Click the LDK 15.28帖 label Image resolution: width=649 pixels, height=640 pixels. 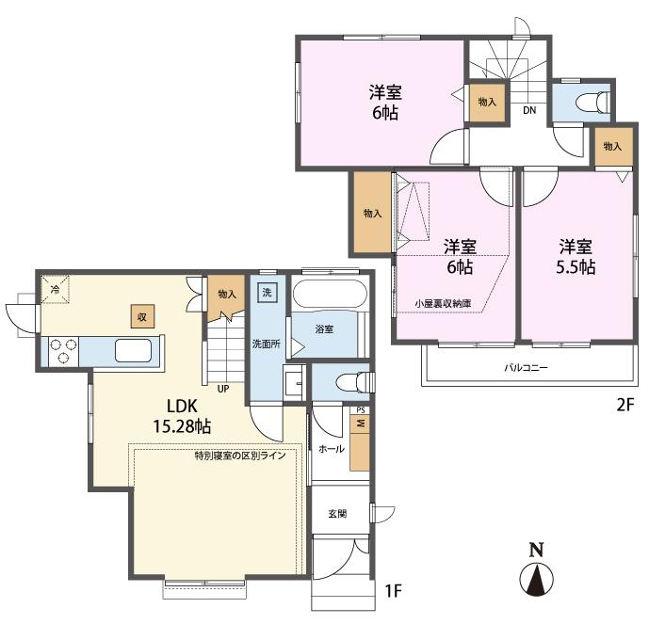pyautogui.click(x=182, y=416)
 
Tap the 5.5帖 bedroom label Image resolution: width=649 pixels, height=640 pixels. pyautogui.click(x=576, y=257)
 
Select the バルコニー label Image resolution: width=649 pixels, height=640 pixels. pyautogui.click(x=526, y=368)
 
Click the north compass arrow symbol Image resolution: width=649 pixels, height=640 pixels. pyautogui.click(x=537, y=575)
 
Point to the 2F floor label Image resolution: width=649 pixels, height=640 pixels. pyautogui.click(x=625, y=405)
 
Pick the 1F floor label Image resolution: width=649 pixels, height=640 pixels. pyautogui.click(x=393, y=591)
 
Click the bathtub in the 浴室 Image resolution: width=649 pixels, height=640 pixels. pyautogui.click(x=330, y=294)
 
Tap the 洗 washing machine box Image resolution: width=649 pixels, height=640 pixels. pyautogui.click(x=267, y=293)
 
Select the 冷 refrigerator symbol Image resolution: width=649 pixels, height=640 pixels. pyautogui.click(x=55, y=289)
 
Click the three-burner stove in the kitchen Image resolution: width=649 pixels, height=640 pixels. pyautogui.click(x=64, y=351)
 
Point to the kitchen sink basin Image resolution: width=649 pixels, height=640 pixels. pyautogui.click(x=133, y=351)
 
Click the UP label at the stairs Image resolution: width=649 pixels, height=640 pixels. pyautogui.click(x=223, y=389)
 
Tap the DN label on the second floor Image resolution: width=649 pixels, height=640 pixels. pyautogui.click(x=529, y=110)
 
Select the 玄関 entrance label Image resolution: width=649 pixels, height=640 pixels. pyautogui.click(x=337, y=514)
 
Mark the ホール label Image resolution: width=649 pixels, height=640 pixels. pyautogui.click(x=332, y=449)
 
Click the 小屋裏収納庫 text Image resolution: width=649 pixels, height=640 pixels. pyautogui.click(x=443, y=303)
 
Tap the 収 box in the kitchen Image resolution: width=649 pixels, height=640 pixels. pyautogui.click(x=142, y=316)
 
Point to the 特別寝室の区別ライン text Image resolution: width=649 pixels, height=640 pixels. pyautogui.click(x=240, y=456)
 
